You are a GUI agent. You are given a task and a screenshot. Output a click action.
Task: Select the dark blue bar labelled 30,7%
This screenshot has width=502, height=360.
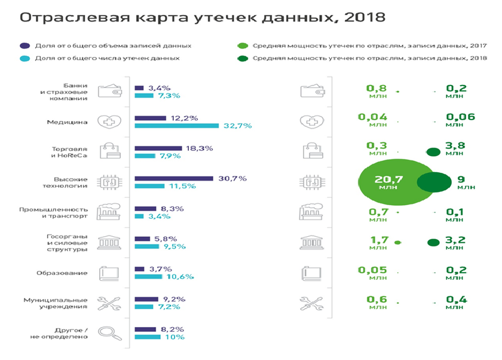(174, 178)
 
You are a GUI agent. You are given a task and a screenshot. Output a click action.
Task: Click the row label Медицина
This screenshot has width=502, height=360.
(68, 122)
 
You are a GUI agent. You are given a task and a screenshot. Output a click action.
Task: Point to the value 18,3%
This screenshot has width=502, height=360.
(197, 148)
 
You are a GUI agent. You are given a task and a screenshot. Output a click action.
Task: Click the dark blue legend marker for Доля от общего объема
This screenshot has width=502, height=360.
(24, 45)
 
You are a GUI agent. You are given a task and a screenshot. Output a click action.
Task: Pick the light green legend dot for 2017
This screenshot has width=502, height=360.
(243, 45)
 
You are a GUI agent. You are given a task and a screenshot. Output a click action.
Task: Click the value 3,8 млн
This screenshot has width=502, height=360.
(455, 148)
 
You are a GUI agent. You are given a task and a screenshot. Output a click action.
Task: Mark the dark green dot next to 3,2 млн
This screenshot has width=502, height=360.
(430, 242)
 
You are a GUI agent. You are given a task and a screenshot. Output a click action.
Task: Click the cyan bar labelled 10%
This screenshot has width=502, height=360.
(148, 337)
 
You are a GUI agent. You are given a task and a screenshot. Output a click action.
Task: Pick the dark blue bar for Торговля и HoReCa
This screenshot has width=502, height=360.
(158, 148)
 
